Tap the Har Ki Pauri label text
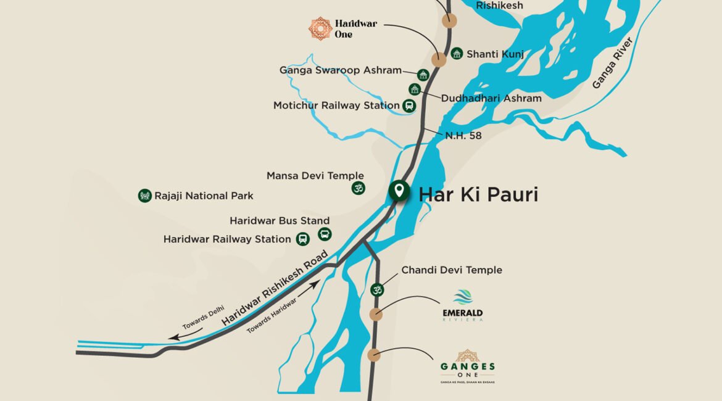pyautogui.click(x=478, y=195)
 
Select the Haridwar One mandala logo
pyautogui.click(x=320, y=28)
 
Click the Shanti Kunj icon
pyautogui.click(x=457, y=54)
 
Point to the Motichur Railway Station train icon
pyautogui.click(x=409, y=105)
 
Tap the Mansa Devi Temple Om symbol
pyautogui.click(x=358, y=188)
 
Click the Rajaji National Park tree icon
pyautogui.click(x=145, y=196)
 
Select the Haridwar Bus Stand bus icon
pyautogui.click(x=325, y=234)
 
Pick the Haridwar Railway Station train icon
pyautogui.click(x=302, y=239)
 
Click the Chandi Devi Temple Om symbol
pyautogui.click(x=376, y=289)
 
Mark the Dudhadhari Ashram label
pyautogui.click(x=491, y=98)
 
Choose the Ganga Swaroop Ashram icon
pyautogui.click(x=423, y=75)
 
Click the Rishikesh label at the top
pyautogui.click(x=499, y=6)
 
